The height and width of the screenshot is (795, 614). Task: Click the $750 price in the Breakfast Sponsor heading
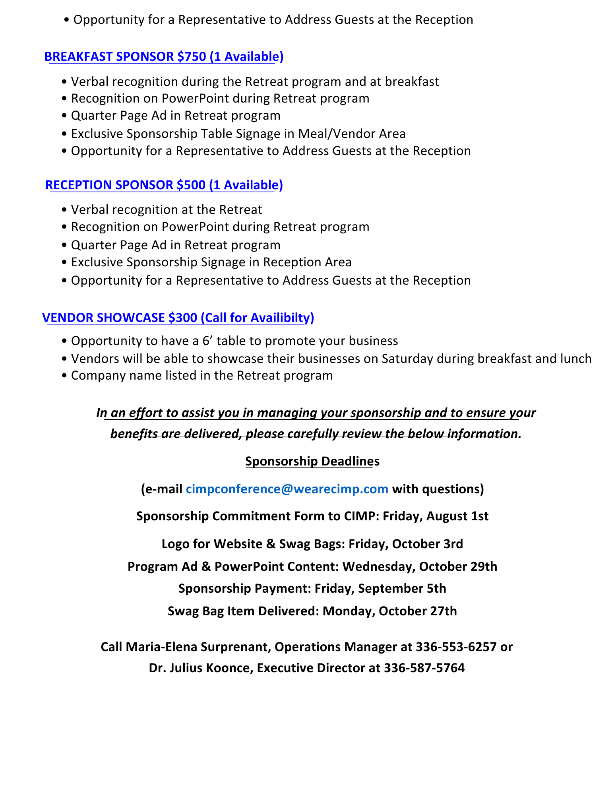coord(192,57)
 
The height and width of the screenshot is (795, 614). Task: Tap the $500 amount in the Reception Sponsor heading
coord(191,185)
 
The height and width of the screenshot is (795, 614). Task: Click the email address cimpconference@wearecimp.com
coord(287,489)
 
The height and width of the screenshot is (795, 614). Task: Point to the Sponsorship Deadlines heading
coord(312,461)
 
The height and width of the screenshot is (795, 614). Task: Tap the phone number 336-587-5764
coord(424,668)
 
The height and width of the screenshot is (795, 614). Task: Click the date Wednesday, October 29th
coord(420,566)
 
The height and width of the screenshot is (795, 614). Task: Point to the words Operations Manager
coord(336,647)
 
